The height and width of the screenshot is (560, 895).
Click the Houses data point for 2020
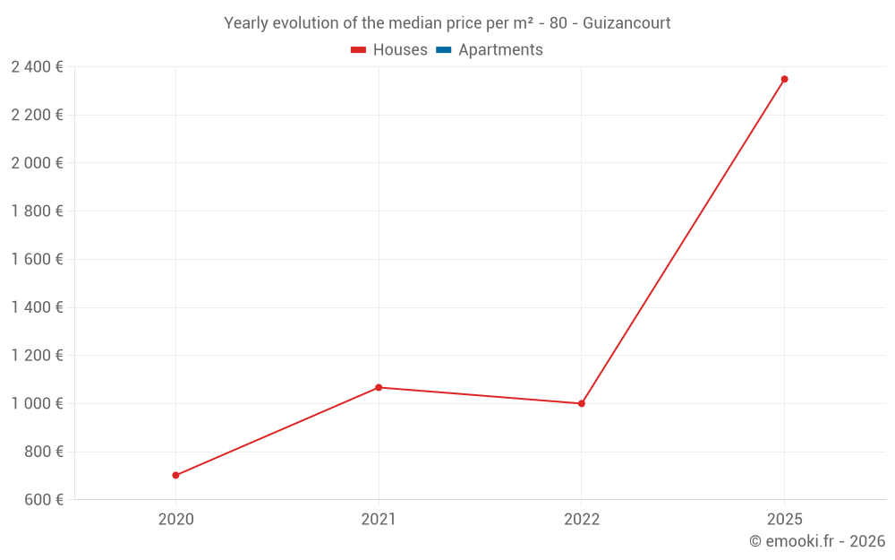coord(175,475)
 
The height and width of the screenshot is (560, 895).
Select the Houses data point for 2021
coord(379,387)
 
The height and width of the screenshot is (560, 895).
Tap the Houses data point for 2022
coord(582,403)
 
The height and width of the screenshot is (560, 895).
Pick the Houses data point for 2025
coord(785,79)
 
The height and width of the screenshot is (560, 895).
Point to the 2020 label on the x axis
coord(175,519)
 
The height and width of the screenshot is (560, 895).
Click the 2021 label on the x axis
coord(379,519)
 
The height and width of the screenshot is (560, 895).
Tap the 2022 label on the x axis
coord(582,519)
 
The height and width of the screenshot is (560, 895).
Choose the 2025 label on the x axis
coord(785,519)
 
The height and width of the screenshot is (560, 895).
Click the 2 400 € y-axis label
coord(38,67)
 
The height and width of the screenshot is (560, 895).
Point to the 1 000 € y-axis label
coord(38,403)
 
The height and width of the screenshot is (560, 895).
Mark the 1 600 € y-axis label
coord(38,259)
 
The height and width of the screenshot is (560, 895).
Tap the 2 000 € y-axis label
coord(38,163)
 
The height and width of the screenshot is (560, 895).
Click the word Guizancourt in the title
coord(626,23)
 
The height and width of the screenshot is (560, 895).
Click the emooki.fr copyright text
coord(817,541)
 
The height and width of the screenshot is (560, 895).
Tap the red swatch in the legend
coord(358,50)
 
